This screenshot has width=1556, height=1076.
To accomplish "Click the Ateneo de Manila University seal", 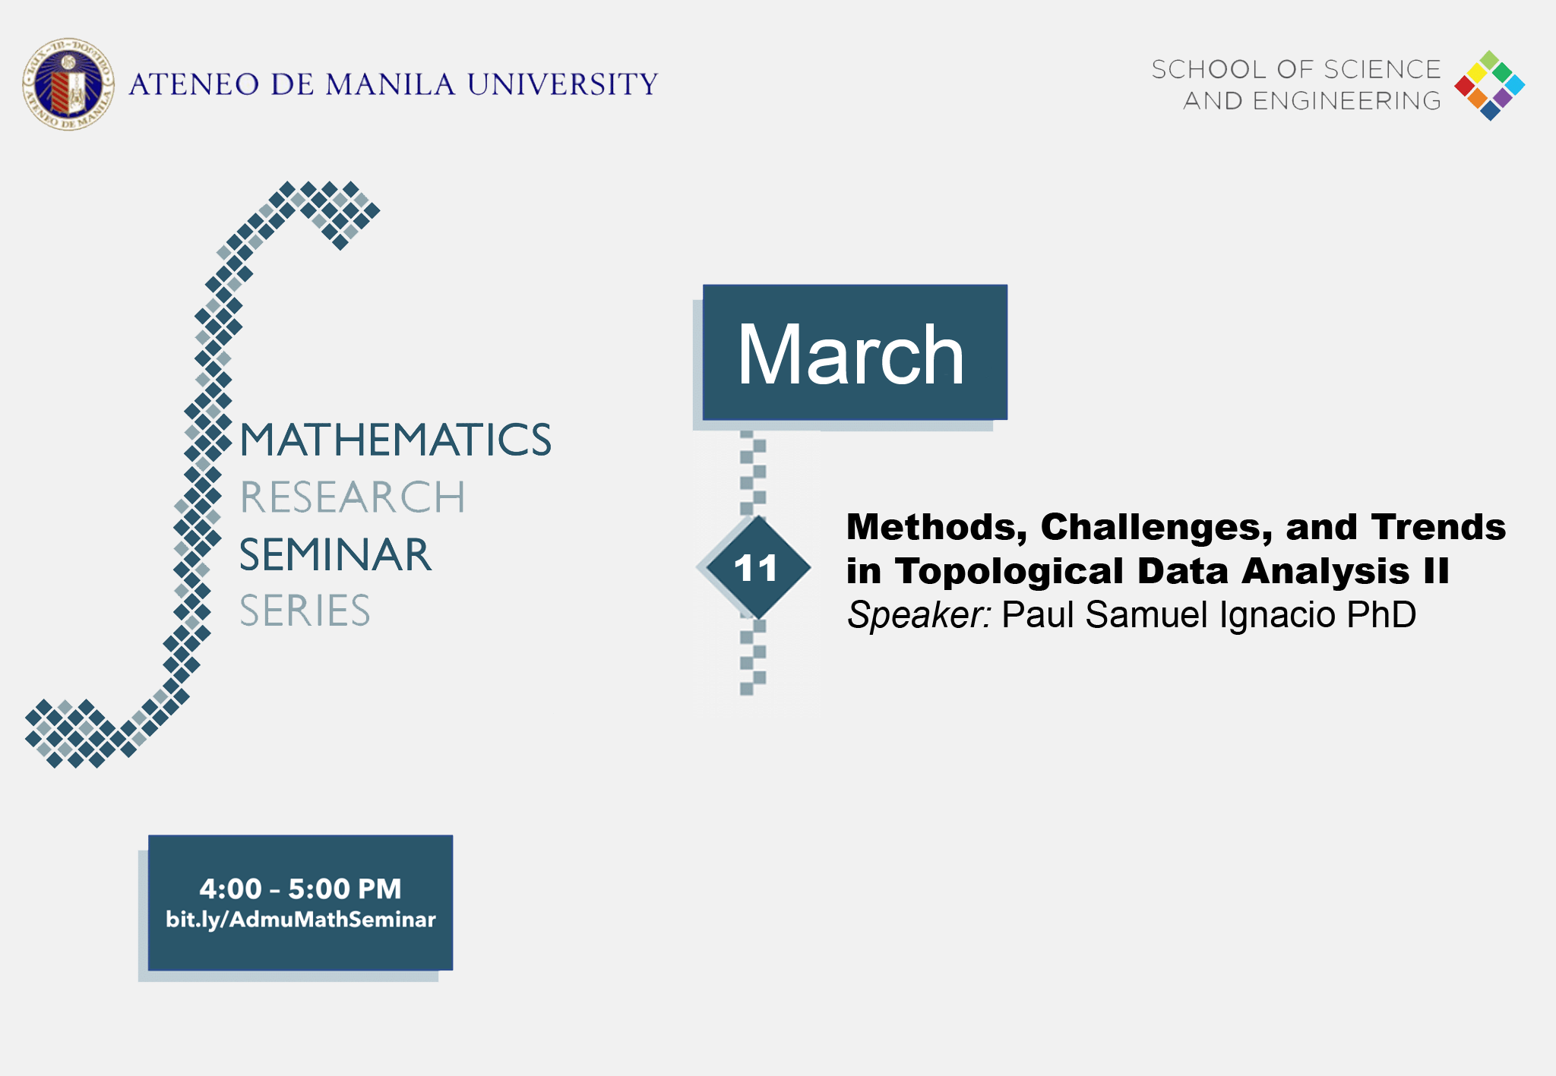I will pos(68,84).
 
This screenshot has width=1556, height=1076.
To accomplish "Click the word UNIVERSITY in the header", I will pos(562,84).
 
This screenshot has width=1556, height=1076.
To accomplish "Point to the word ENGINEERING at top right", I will pos(1346,100).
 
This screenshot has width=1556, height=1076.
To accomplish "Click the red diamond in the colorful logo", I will pos(1464,86).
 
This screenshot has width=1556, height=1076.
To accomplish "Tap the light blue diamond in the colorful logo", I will pos(1514,85).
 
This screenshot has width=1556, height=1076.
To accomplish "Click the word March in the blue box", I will pos(851,355).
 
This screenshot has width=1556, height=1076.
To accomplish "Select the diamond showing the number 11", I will pos(756,567).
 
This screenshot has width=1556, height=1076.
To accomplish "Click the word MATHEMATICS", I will pos(395,440).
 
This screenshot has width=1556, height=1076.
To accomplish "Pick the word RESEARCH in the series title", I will pos(352,497).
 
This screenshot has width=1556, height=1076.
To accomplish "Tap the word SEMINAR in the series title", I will pos(335,554).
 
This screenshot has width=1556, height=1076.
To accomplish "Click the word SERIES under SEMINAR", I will pos(305,611).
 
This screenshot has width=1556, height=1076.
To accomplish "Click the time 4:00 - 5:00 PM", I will pos(300,888).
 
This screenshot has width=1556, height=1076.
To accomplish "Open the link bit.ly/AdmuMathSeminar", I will pos(300,920).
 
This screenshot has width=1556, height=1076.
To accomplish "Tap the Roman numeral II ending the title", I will pos(1436,571).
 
